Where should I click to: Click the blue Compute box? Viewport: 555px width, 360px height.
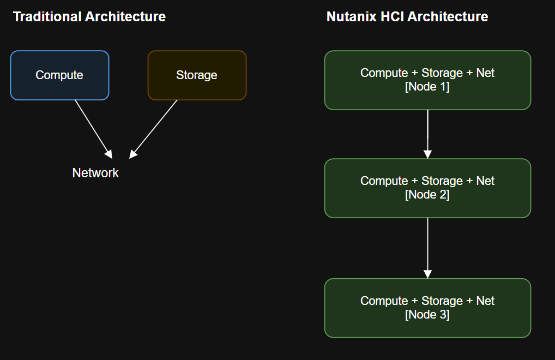coord(59,75)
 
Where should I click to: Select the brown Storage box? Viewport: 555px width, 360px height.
coord(197,75)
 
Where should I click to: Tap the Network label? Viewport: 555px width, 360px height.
coord(95,173)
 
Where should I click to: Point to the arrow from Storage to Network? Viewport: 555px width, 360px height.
coord(154,128)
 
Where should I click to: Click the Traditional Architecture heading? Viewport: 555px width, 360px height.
coord(89,16)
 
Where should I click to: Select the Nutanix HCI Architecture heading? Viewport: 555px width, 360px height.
coord(407,16)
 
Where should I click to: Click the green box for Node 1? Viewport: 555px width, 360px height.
coord(427,80)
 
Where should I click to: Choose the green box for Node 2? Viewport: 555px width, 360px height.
coord(427,188)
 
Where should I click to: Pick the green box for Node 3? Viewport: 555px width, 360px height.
coord(427,308)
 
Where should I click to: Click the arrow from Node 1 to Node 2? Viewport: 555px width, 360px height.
coord(427,133)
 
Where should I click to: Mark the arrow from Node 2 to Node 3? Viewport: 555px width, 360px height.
coord(427,247)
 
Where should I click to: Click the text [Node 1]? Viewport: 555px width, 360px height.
coord(427,87)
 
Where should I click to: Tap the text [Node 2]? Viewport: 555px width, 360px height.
coord(427,195)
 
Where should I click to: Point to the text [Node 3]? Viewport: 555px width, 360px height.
coord(427,315)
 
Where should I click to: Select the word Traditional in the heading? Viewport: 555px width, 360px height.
coord(47,16)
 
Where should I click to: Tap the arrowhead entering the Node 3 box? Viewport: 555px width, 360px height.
coord(427,274)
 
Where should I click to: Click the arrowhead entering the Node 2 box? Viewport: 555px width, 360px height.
coord(427,154)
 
